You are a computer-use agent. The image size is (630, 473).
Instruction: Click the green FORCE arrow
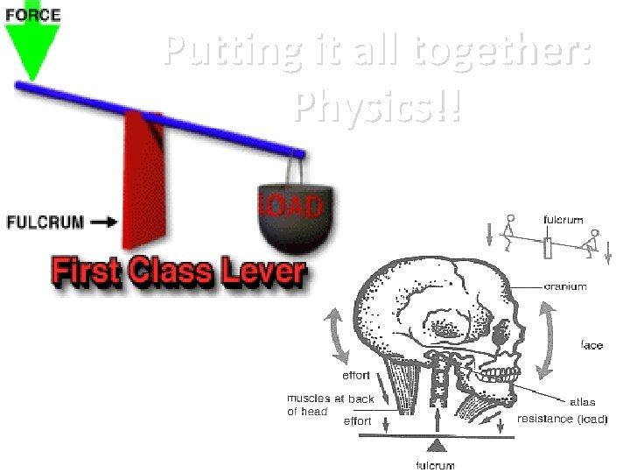point(31,48)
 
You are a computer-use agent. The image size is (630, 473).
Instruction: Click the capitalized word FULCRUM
point(45,222)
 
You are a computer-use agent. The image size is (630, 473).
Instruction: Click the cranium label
point(565,286)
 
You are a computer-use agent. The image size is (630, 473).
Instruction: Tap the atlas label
point(583,402)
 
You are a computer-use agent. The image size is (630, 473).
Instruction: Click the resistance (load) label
point(562,419)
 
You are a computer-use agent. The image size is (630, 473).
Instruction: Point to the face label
point(591,345)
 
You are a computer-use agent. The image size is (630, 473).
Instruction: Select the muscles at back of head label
point(330,405)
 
